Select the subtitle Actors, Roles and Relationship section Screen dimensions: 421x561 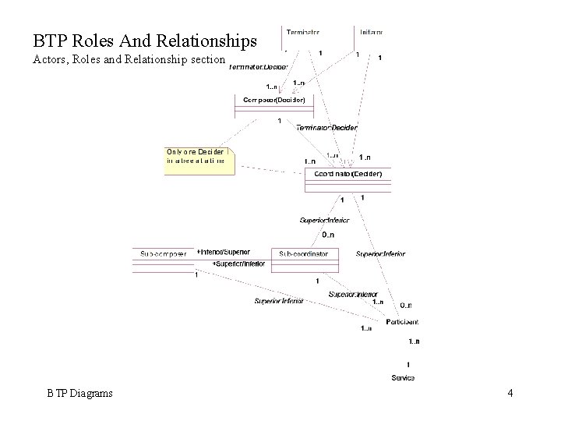pos(129,60)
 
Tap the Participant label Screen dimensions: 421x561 pos(402,321)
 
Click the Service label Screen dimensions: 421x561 pos(403,377)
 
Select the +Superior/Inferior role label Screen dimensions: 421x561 pos(239,264)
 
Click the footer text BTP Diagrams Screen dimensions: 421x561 pos(79,394)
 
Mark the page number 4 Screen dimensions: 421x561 pos(510,394)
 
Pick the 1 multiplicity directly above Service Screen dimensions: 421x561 pos(408,364)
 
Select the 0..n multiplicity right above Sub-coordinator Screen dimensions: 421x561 pos(328,235)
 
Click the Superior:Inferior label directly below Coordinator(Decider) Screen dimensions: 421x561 pos(325,220)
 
